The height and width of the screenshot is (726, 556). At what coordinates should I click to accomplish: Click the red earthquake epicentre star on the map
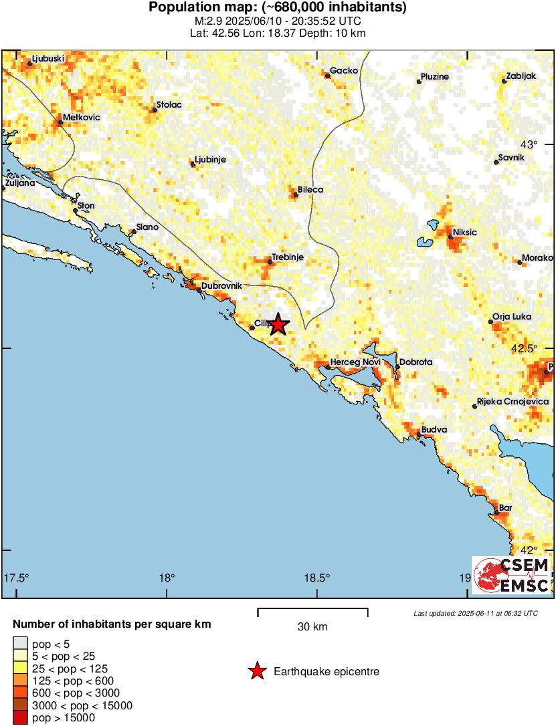click(278, 325)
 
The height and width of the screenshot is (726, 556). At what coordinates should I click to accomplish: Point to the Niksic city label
click(464, 233)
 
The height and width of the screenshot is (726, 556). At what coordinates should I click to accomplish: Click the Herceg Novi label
click(355, 362)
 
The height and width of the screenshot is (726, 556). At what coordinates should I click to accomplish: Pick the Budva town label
click(434, 430)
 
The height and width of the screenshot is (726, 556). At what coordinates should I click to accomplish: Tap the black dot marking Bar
click(496, 513)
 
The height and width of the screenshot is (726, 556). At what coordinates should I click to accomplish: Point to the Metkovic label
click(81, 117)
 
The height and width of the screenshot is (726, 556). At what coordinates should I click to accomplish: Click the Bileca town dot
click(295, 195)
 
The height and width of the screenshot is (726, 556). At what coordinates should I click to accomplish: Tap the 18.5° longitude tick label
click(316, 578)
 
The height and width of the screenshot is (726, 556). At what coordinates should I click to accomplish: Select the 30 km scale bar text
click(312, 627)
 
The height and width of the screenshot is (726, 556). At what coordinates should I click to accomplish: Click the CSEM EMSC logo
click(511, 575)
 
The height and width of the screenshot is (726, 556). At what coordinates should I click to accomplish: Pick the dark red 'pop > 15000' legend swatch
click(20, 718)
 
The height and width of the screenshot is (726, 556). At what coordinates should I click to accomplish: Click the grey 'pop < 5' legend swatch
click(20, 644)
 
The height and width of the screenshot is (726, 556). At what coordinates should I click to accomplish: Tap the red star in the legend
click(256, 671)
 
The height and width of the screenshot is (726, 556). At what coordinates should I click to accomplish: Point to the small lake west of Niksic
click(423, 242)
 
